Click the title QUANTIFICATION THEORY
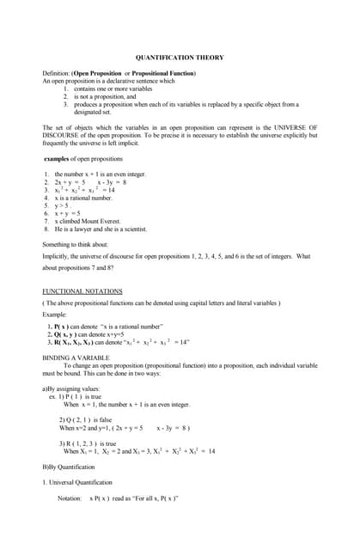180,58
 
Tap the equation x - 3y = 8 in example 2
113,182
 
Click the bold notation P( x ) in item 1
63,327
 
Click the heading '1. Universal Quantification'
77,482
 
